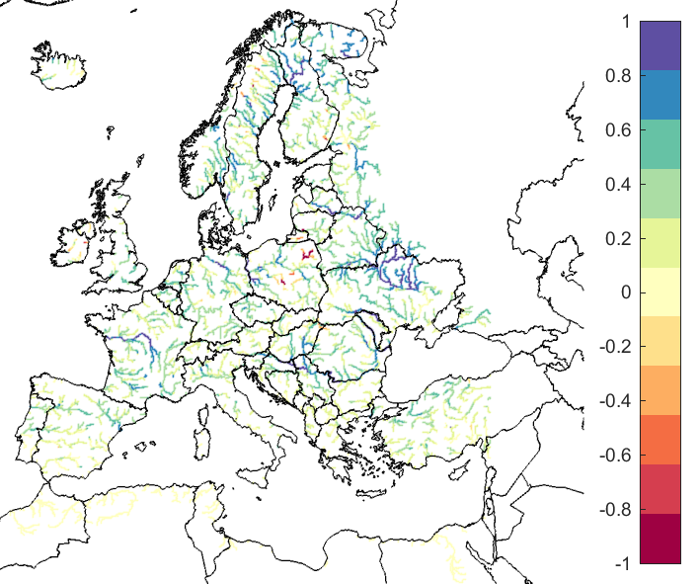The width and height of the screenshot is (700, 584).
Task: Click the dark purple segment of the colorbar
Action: pyautogui.click(x=661, y=45)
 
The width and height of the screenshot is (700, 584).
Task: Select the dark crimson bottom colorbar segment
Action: pyautogui.click(x=661, y=539)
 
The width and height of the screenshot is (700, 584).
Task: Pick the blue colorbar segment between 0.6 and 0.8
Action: pyautogui.click(x=661, y=95)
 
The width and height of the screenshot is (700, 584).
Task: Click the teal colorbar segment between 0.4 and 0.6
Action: pyautogui.click(x=661, y=144)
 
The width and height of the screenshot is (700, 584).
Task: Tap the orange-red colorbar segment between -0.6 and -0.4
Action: pyautogui.click(x=661, y=440)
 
